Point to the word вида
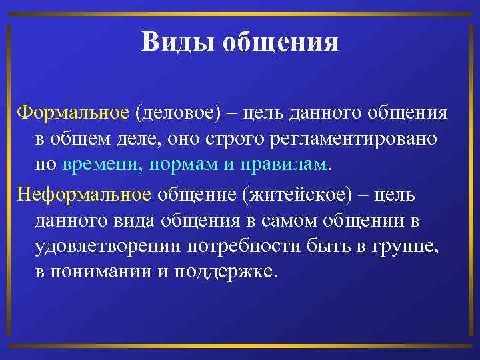tap(147, 220)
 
